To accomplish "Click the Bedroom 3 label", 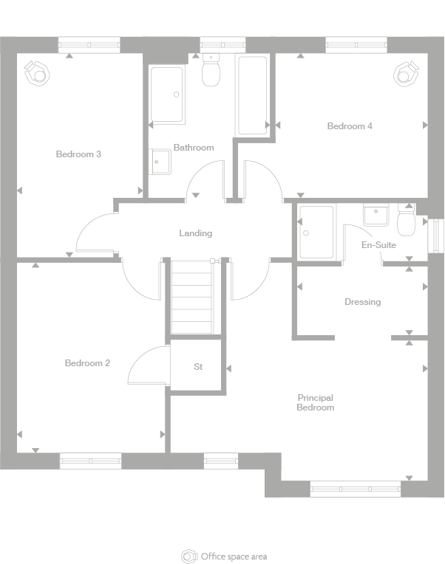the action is point(78,154).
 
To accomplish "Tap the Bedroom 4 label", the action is point(350,126).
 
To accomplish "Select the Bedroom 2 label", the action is point(87,363).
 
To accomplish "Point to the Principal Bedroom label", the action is point(316,402).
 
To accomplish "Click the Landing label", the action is point(195,233).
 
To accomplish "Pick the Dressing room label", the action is point(362,302).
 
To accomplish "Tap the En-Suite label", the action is point(378,245).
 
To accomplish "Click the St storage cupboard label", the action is point(198,367).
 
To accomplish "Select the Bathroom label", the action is point(194,148).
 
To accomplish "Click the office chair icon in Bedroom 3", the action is point(37,73).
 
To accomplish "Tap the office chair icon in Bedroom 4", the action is point(407,74).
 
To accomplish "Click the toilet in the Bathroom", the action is point(211,70).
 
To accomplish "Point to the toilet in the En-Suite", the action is point(407,220).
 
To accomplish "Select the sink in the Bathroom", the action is point(160,162).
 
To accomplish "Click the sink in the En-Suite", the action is point(376,215).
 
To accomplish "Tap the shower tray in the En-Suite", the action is point(316,232).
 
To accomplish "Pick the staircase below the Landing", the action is point(192,297).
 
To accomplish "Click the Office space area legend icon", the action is point(189,557).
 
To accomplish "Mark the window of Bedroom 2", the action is point(90,461).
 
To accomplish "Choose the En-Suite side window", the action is point(436,236).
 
